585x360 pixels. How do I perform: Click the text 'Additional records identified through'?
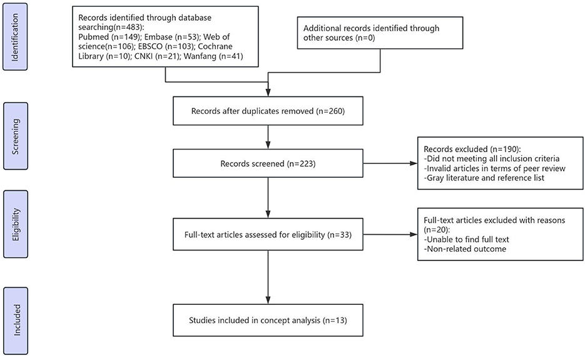click(371, 28)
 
